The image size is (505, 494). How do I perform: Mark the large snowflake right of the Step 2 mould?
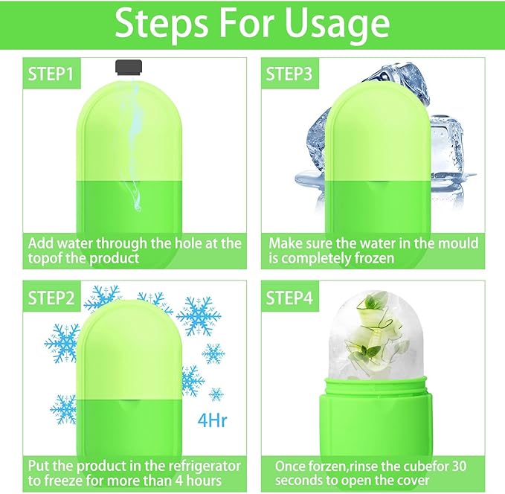199,317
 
